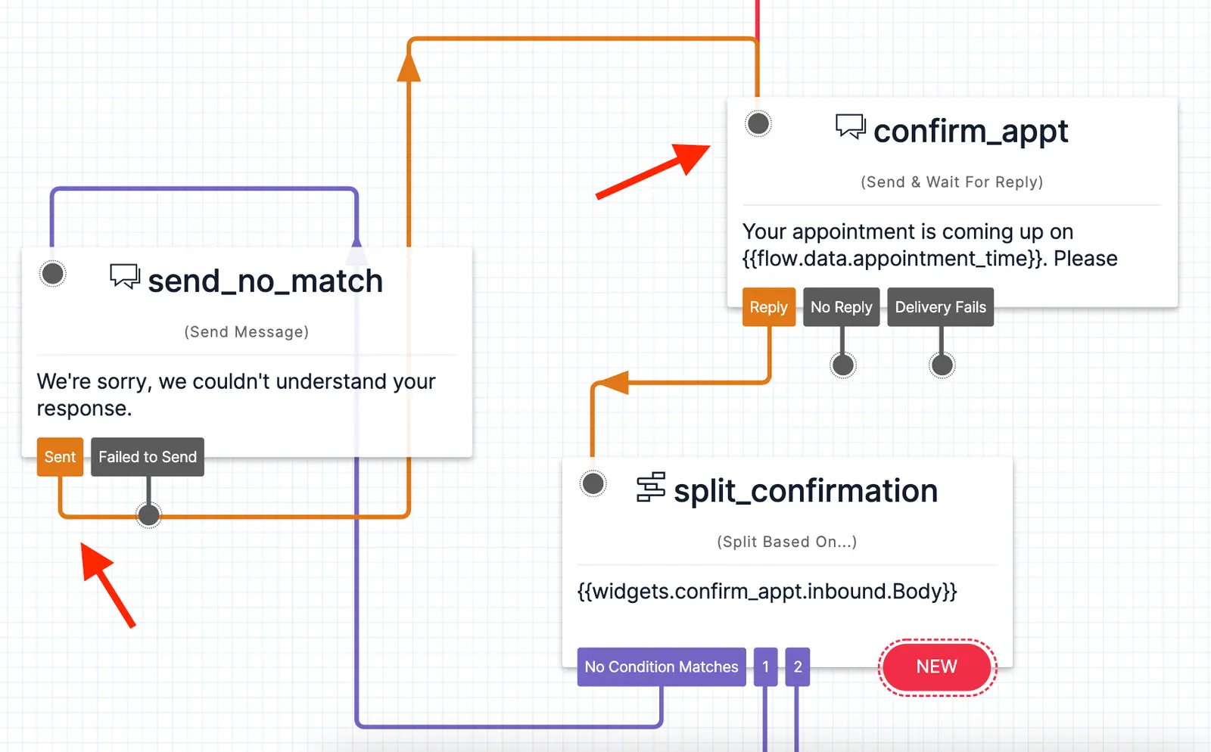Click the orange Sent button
pos(60,457)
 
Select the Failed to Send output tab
pos(148,457)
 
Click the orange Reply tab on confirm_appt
pos(768,307)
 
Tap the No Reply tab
pos(841,307)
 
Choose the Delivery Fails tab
pos(940,307)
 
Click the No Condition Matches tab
pos(661,667)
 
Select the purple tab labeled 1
pos(765,667)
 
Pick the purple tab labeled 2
pos(797,667)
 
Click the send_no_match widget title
pos(265,281)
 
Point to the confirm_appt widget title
pos(970,132)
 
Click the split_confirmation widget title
pos(805,491)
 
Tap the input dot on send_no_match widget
pos(53,274)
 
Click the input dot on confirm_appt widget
pos(758,123)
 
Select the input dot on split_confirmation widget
pos(593,483)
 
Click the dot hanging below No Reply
pos(843,365)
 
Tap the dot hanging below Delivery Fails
pos(942,365)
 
